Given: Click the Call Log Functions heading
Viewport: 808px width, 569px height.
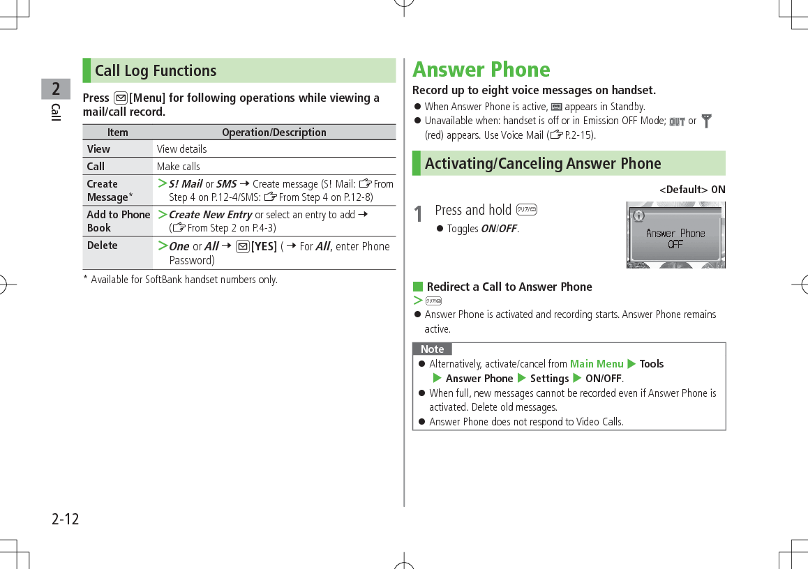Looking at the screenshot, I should [x=156, y=70].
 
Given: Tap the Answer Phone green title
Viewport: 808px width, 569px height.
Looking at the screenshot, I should [x=481, y=70].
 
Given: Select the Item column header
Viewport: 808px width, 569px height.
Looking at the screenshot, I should [x=117, y=132].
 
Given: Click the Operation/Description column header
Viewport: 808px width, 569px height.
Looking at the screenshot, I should [x=274, y=132].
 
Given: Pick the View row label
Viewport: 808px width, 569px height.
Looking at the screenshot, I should [x=98, y=149].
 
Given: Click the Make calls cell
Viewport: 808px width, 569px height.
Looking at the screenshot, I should [x=179, y=166].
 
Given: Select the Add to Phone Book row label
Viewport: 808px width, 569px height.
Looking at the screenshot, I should [x=118, y=221].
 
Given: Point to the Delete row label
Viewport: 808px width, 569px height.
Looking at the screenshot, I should [x=103, y=245].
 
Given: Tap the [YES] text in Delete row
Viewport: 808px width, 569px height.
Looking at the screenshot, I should [x=264, y=246].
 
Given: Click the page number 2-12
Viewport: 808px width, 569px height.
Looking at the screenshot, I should [x=66, y=519].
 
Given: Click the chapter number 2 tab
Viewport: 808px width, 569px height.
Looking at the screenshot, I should [x=56, y=89].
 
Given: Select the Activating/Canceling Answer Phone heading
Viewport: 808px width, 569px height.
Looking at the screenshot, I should [x=543, y=163].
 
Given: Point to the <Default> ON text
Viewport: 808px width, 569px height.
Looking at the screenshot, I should [x=692, y=190].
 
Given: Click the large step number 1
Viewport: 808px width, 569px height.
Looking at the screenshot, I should [x=418, y=214].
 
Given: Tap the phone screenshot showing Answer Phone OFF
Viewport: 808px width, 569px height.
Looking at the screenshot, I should [x=675, y=235].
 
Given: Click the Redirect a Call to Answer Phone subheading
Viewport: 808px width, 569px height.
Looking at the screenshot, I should [x=509, y=287].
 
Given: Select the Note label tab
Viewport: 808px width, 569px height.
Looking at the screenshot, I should [x=432, y=349].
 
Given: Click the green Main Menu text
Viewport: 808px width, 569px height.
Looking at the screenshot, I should [x=597, y=363].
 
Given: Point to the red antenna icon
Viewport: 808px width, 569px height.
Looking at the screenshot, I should [x=707, y=121].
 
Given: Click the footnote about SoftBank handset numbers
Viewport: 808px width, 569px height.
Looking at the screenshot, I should [x=180, y=280].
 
